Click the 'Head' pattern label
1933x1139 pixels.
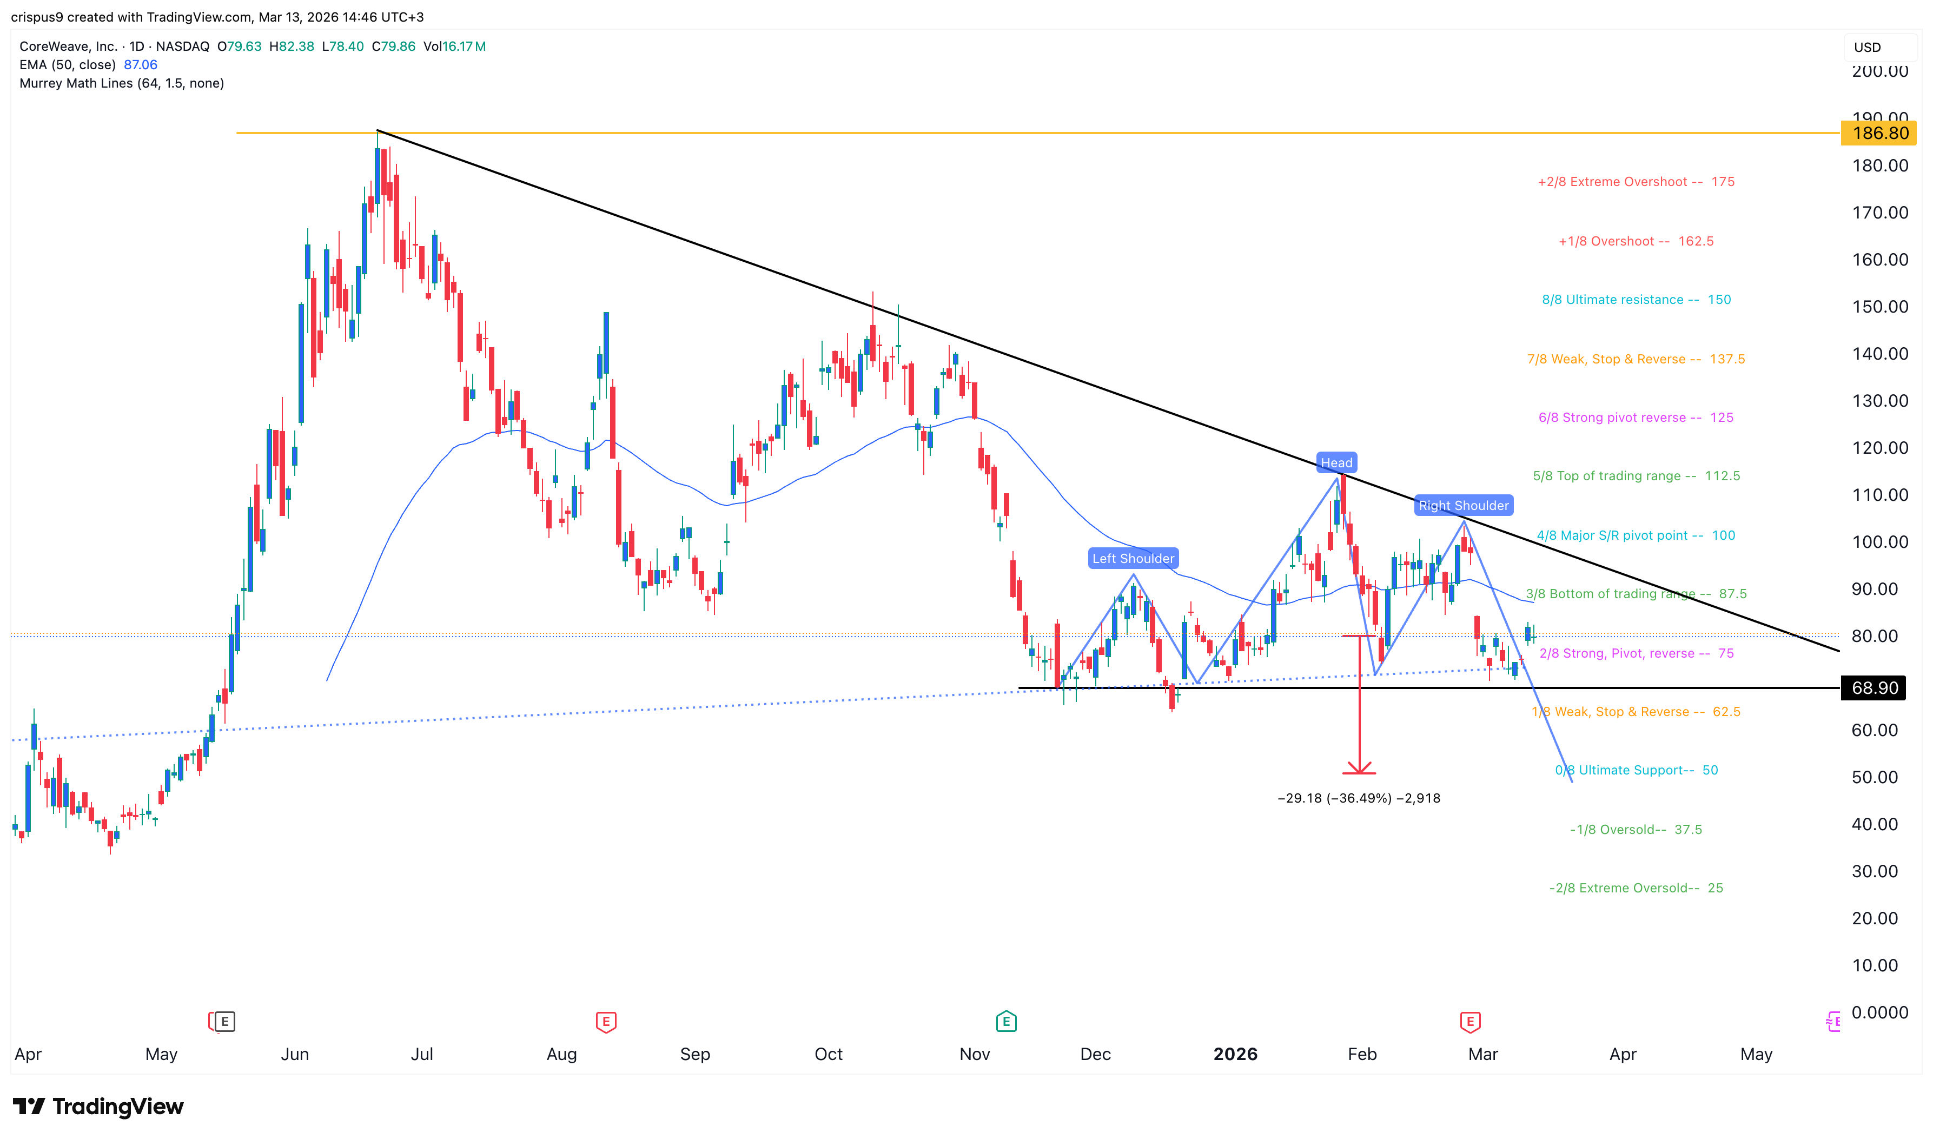point(1335,463)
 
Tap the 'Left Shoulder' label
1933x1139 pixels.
point(1133,559)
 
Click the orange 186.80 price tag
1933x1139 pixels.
point(1878,134)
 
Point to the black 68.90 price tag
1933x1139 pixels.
point(1875,688)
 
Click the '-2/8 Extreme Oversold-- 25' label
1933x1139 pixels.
point(1635,888)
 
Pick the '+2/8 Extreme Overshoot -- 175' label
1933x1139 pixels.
point(1635,182)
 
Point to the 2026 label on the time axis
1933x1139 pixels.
point(1235,1055)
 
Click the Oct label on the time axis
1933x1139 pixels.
point(828,1055)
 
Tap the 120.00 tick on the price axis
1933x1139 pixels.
point(1879,448)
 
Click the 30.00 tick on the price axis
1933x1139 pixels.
point(1875,872)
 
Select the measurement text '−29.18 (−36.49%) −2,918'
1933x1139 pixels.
point(1358,798)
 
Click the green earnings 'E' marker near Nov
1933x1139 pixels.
point(1005,1022)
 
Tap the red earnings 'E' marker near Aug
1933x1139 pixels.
point(605,1022)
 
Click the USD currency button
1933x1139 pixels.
point(1868,48)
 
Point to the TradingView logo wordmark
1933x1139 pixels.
point(98,1107)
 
